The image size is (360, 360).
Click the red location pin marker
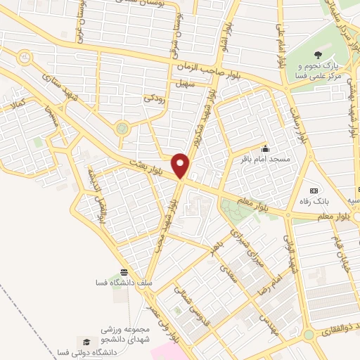point(182,165)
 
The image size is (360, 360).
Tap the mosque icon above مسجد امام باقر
point(265,148)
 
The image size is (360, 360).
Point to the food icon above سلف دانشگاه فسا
point(124,272)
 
